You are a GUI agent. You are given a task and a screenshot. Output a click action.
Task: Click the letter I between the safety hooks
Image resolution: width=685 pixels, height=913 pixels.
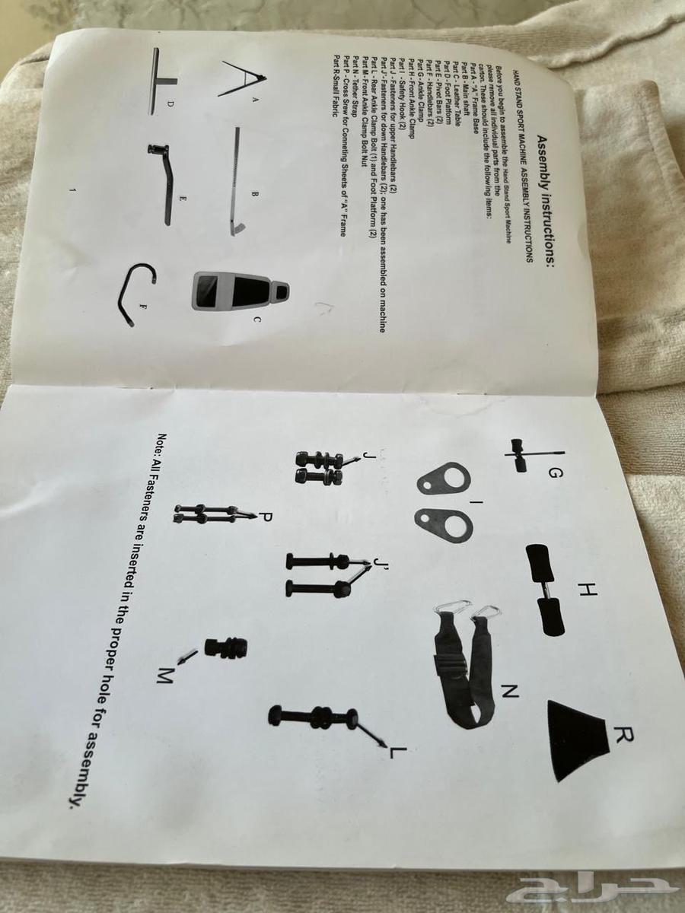(x=475, y=503)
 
